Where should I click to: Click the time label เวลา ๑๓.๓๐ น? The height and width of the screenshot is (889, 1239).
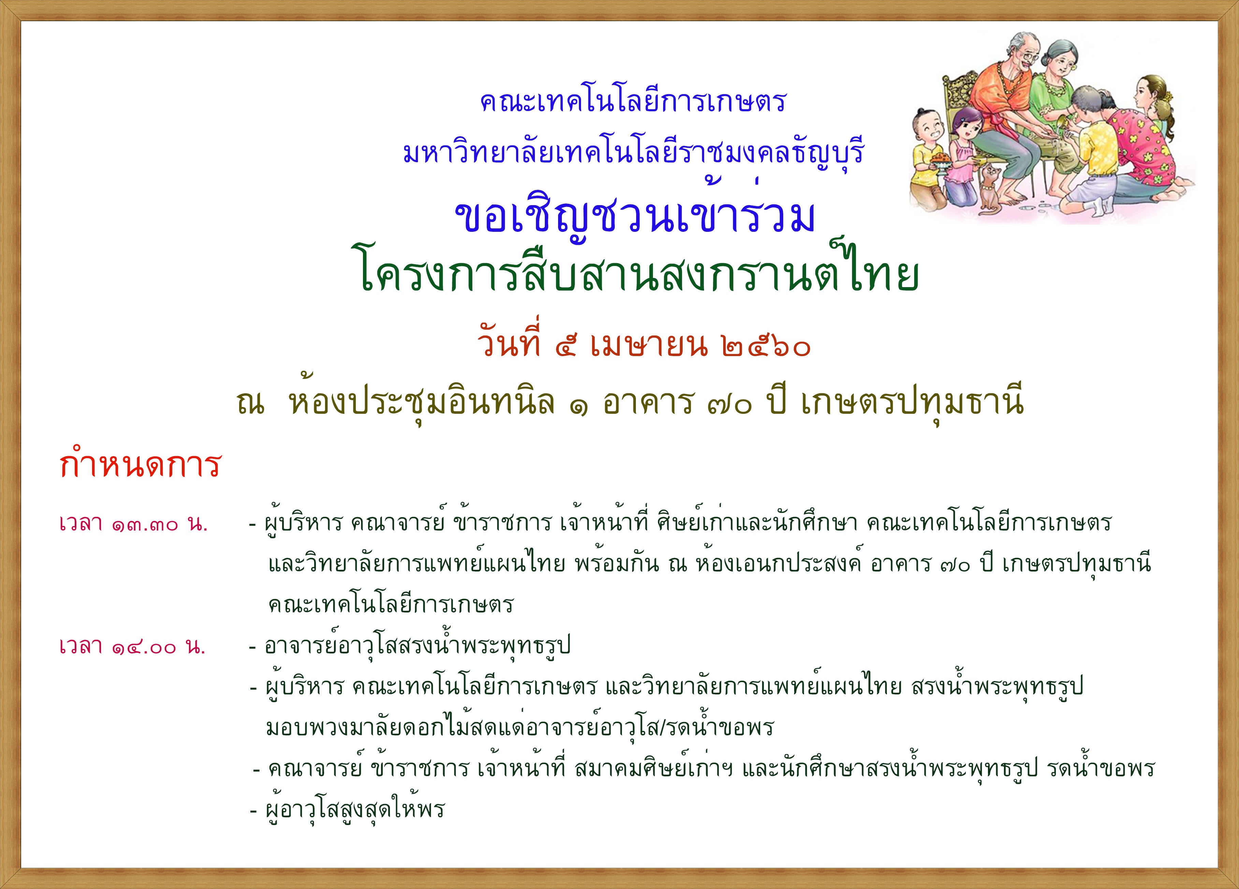(133, 524)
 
